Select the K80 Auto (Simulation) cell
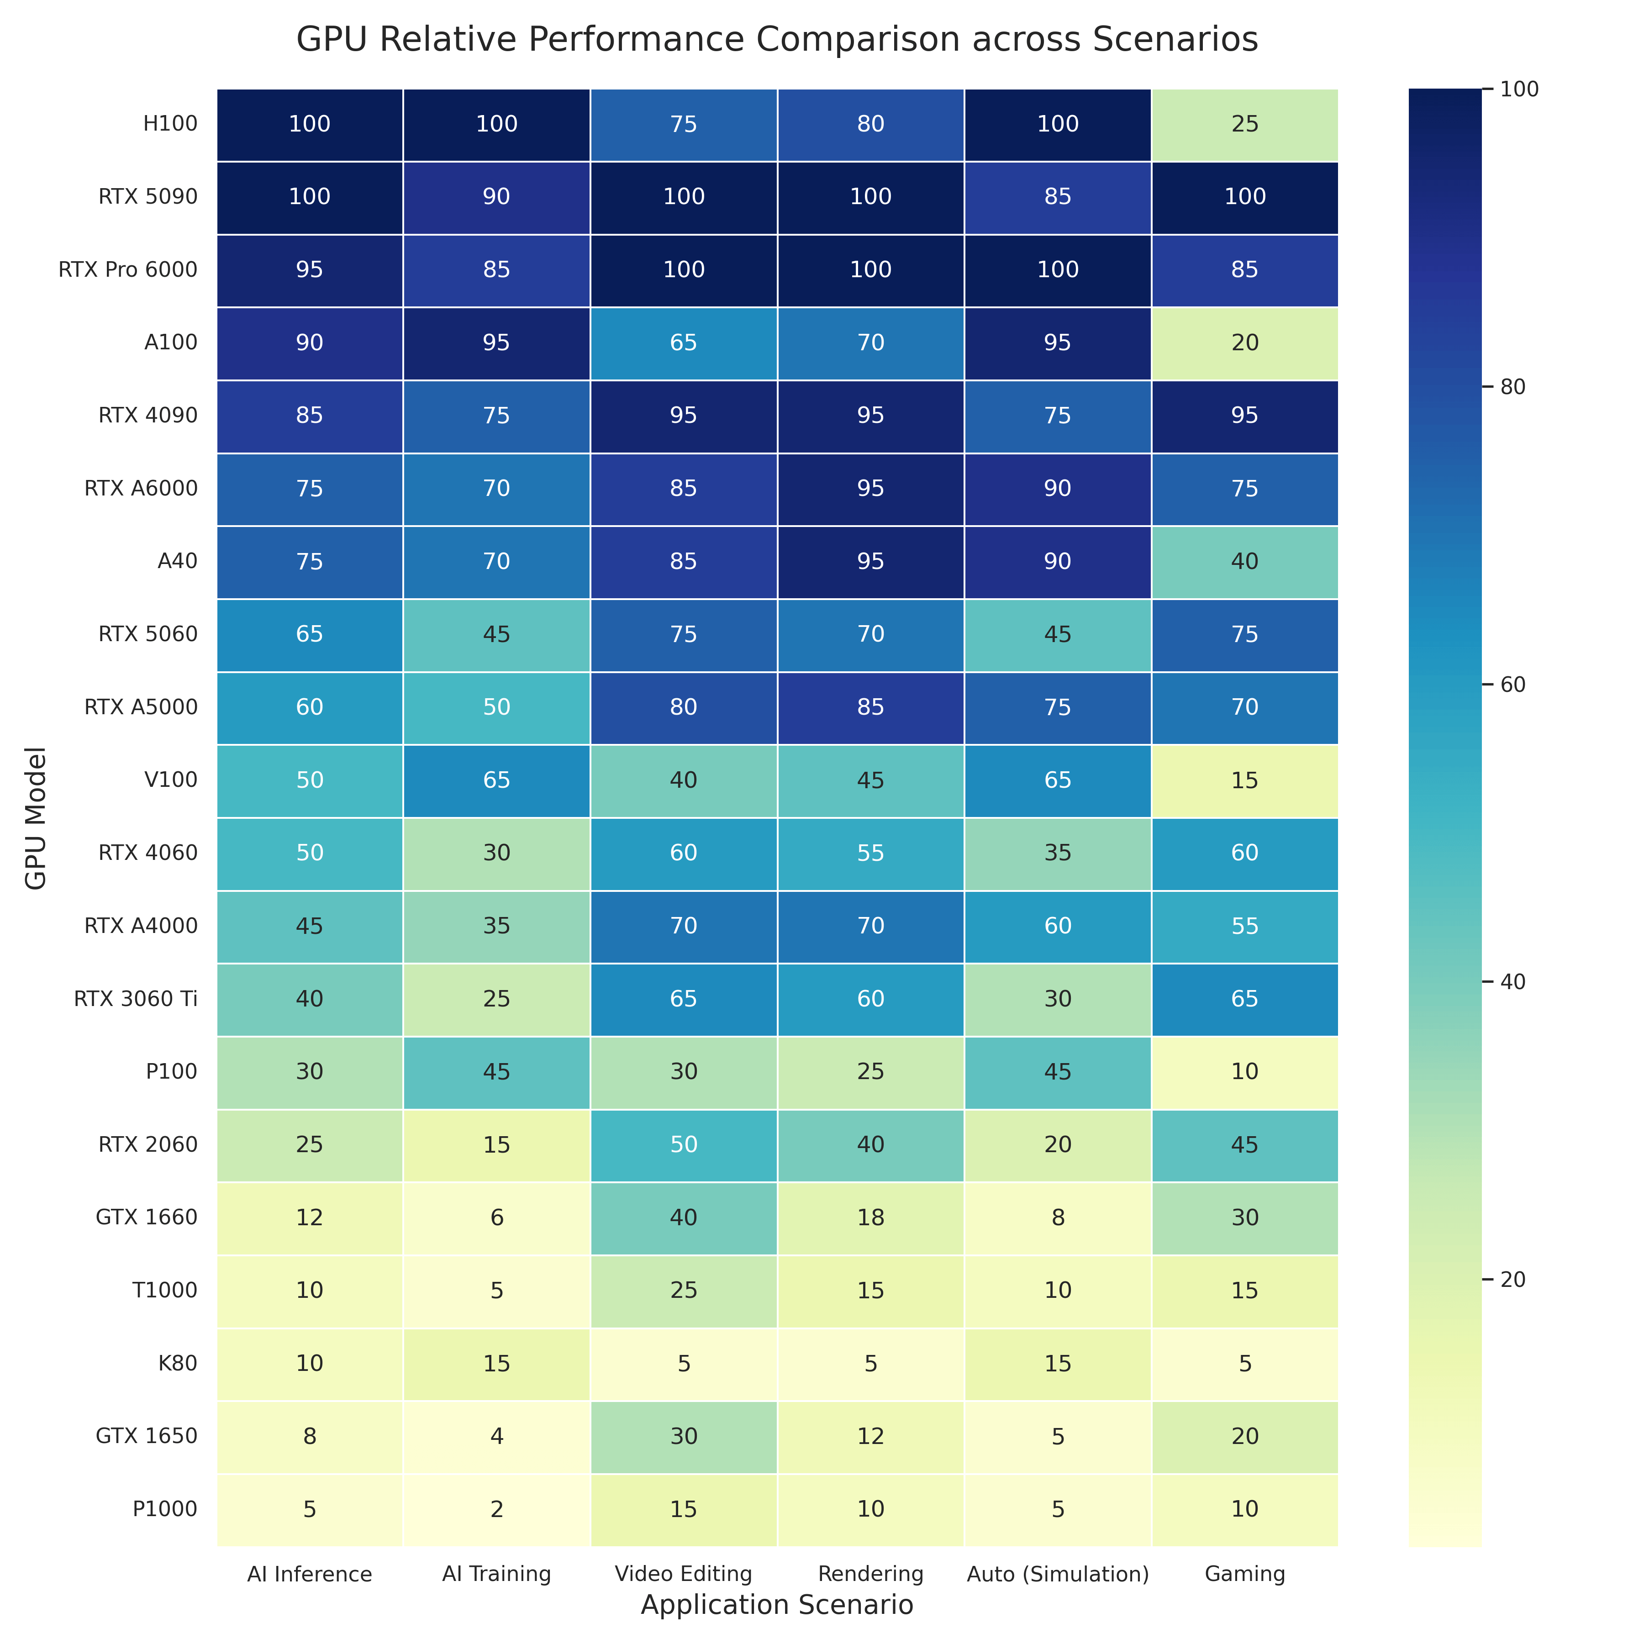tap(1058, 1363)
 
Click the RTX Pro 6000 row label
tap(128, 270)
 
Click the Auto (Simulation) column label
tap(1058, 1574)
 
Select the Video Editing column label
tap(683, 1574)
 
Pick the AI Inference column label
tap(310, 1574)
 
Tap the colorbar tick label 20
tap(1510, 1280)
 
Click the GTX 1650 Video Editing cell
tap(683, 1436)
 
